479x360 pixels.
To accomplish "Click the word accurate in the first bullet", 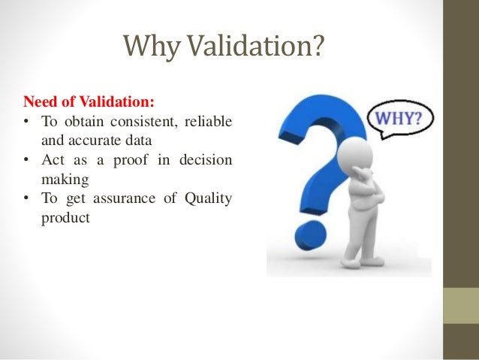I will [x=99, y=141].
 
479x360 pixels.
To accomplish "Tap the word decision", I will [x=207, y=160].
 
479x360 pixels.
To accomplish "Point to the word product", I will [x=65, y=219].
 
